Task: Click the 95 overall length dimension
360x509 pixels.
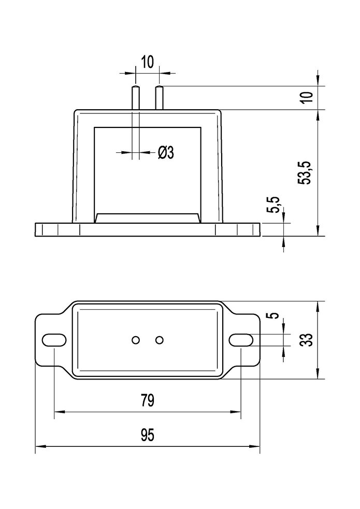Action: coord(147,435)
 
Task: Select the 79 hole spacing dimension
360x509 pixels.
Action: coord(147,401)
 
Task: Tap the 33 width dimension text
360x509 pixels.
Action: coord(307,340)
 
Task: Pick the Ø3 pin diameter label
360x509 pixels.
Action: coord(165,152)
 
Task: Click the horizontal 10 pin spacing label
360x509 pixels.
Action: coord(147,62)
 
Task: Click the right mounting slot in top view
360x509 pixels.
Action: coord(241,340)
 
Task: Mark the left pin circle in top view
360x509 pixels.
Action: coord(136,340)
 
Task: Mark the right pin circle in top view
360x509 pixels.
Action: coord(160,340)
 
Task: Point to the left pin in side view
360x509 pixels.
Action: coord(136,98)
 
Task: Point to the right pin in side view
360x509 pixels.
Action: coord(160,98)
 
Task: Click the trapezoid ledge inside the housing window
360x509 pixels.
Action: coord(147,218)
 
